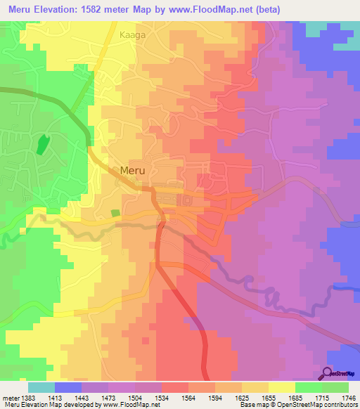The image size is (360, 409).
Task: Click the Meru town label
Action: pos(134,170)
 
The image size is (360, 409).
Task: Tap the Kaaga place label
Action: pos(133,33)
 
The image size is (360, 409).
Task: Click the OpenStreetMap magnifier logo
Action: pos(327,373)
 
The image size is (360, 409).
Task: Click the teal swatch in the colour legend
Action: pos(41,387)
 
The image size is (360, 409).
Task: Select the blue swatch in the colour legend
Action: pos(68,387)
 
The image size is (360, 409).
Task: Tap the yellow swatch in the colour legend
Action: pos(281,387)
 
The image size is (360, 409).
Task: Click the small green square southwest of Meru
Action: pos(115,213)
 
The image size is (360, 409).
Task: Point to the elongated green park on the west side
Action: pos(42,145)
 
